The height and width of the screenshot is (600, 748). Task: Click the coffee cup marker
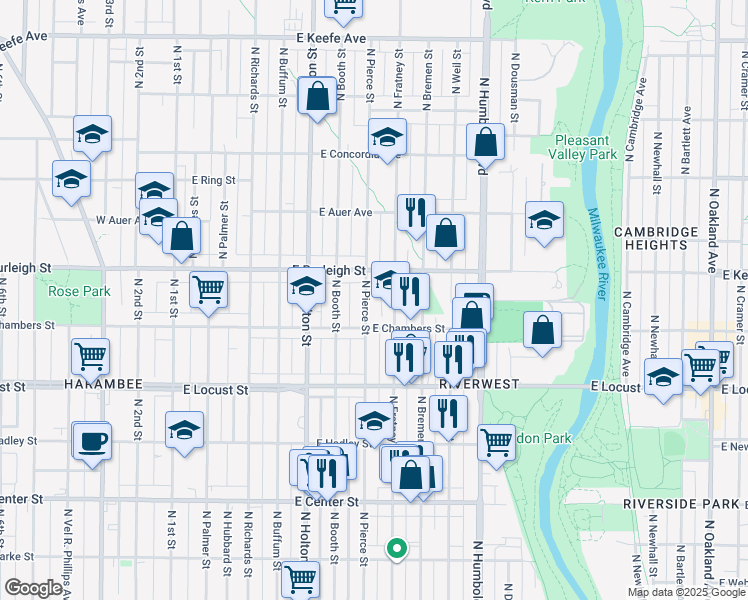[92, 441]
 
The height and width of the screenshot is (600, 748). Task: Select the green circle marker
[397, 548]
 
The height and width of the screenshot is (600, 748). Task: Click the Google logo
[33, 587]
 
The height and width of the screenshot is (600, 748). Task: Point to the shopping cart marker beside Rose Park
[208, 290]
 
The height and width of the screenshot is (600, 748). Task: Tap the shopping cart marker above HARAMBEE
[90, 355]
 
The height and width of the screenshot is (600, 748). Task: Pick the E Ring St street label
[213, 180]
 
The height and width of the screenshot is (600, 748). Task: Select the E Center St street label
[326, 501]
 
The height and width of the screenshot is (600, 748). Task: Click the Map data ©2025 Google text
[686, 592]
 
